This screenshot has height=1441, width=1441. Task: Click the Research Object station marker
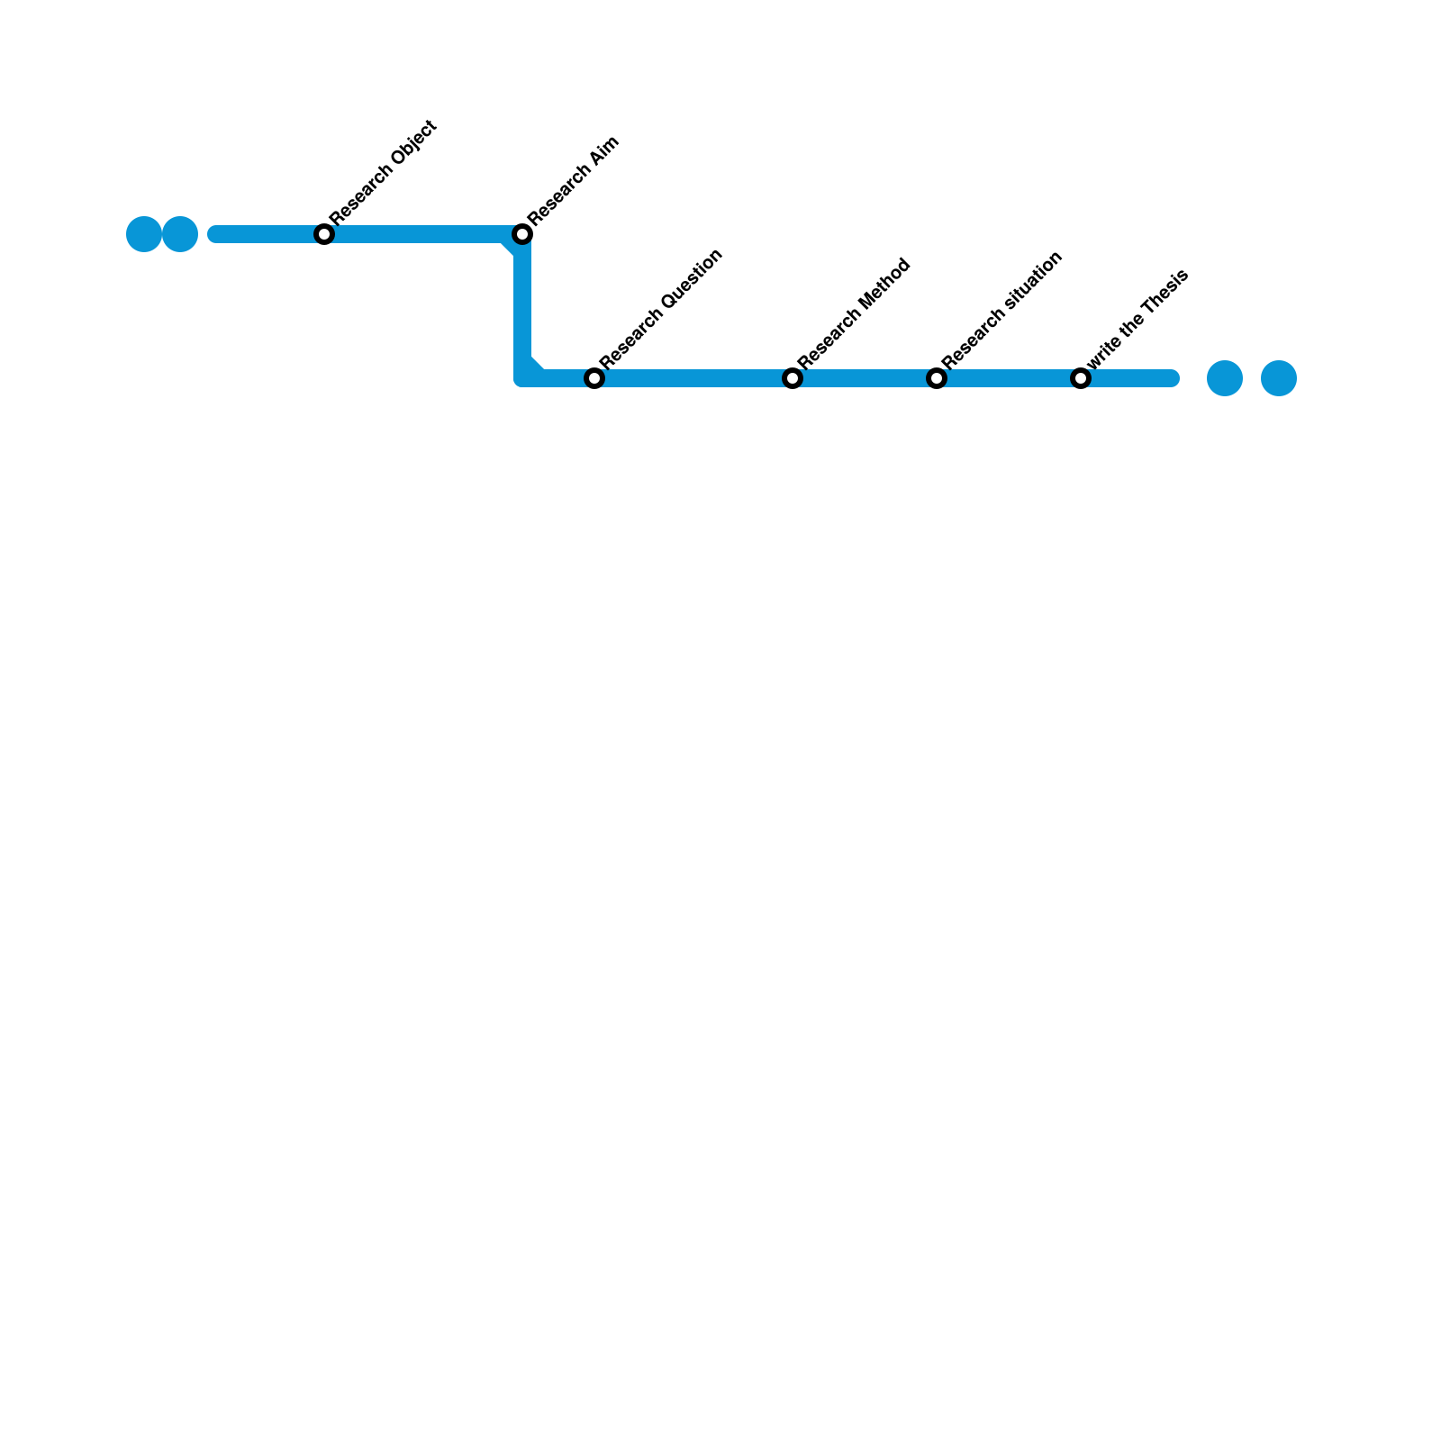324,234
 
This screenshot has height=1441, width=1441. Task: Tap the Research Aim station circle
522,234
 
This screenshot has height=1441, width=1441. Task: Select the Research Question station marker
594,378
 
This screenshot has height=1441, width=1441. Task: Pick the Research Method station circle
793,378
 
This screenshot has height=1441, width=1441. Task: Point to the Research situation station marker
937,378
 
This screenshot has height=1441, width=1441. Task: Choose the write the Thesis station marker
1081,378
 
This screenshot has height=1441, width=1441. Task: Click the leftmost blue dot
144,234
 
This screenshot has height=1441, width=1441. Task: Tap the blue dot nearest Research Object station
180,234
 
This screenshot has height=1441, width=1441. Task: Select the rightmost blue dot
1279,378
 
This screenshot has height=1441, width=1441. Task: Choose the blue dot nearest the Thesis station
1225,378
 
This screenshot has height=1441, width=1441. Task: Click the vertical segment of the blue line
522,306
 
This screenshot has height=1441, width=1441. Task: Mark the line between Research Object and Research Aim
423,234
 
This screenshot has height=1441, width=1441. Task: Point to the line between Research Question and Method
693,378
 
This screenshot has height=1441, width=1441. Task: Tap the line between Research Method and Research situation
865,378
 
